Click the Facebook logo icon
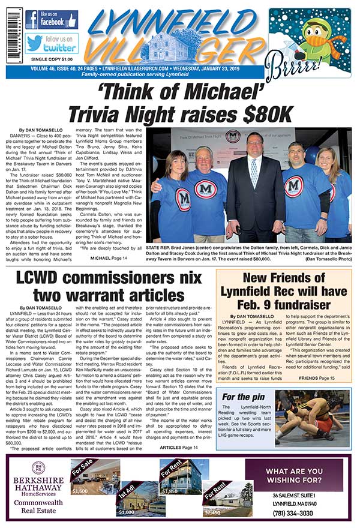click(32, 20)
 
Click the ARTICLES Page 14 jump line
click(178, 448)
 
